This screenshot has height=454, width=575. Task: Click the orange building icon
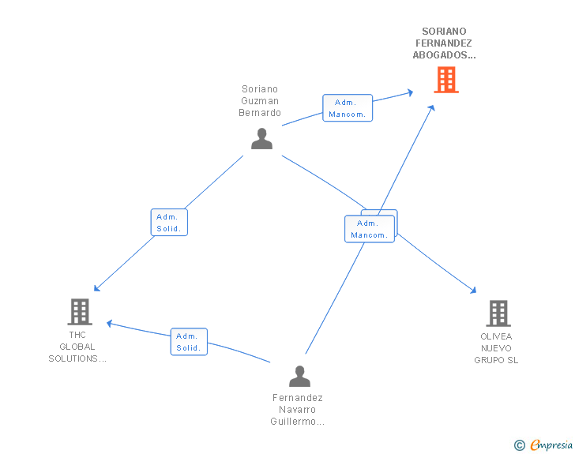coord(446,80)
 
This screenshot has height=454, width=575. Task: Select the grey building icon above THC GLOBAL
coord(80,312)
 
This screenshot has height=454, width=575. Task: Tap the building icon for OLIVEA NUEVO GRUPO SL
coord(498,313)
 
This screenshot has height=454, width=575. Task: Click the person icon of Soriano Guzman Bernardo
coord(262,139)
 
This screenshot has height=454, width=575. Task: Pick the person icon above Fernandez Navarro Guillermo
coord(299,377)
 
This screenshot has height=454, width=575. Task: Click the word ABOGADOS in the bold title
coord(444,55)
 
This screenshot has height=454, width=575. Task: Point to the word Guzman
coord(260,101)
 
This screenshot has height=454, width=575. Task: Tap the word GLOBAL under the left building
coord(77,347)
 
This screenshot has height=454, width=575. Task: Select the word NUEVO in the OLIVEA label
coord(496,348)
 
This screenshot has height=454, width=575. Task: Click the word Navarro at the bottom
coord(297,409)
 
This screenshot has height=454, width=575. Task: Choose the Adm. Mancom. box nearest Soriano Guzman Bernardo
coord(348,108)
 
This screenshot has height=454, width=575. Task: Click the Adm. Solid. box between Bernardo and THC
coord(169,222)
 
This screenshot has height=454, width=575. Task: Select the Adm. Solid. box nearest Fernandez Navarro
coord(189,341)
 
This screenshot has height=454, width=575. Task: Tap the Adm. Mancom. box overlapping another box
coord(370,229)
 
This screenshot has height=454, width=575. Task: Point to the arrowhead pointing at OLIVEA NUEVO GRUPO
coord(473,291)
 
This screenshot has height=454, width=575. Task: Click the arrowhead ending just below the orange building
coord(432,108)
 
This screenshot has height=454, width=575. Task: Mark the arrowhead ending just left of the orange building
coord(411,92)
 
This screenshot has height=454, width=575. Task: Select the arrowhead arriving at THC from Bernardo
coord(97,288)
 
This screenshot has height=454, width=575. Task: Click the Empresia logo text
coord(551,445)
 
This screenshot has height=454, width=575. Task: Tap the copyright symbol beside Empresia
coord(519,445)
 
